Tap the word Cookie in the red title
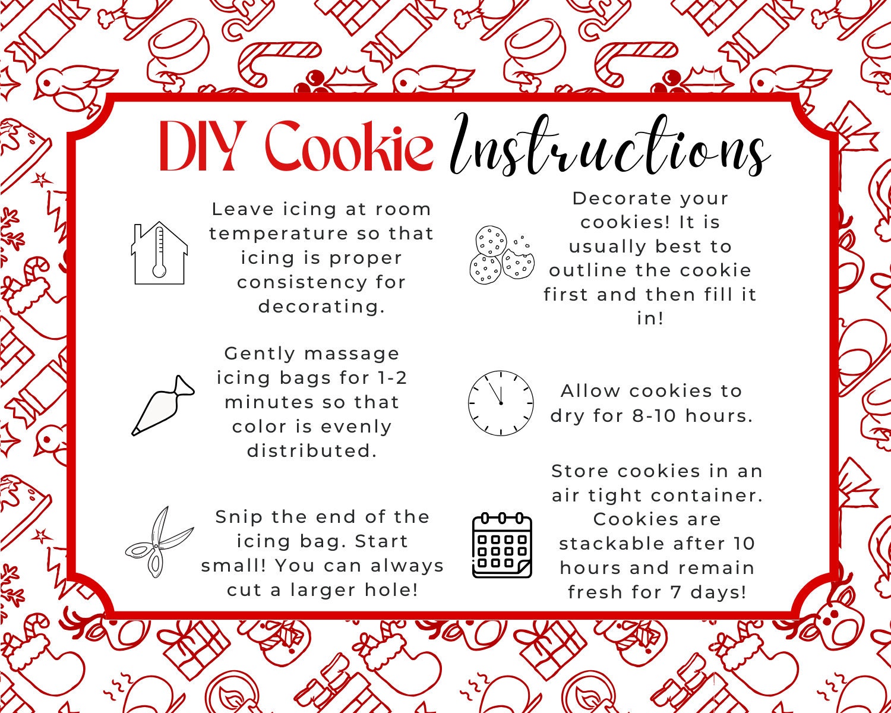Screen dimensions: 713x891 coord(349,146)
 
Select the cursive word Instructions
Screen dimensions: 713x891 coord(609,146)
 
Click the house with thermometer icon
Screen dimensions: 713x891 coord(159,253)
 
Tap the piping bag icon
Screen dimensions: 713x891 coord(162,405)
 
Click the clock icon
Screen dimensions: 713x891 coord(501,403)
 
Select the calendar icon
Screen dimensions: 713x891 coord(502,545)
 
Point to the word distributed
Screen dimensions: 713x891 coord(312,451)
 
